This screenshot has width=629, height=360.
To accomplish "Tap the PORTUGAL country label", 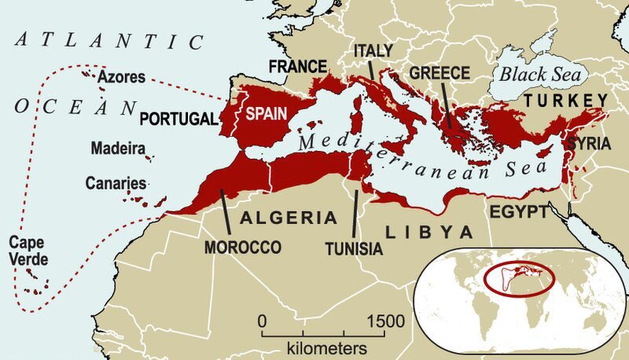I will point(177,119).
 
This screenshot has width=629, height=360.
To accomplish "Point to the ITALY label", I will point(373,50).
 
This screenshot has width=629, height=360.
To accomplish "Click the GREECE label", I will point(440,73).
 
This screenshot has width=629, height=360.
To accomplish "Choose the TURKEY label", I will point(566,100).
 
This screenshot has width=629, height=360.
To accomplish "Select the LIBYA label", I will point(429,232).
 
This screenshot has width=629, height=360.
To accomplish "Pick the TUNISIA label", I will point(353,248).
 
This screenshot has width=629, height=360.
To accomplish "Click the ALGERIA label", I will point(289,218).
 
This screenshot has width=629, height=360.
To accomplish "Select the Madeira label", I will point(117,148).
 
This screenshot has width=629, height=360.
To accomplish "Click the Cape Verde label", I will point(27,252).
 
